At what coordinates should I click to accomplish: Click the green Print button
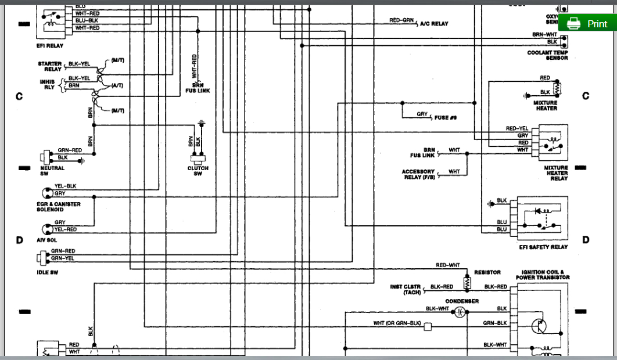(x=587, y=24)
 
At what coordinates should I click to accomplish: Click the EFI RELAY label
(x=49, y=46)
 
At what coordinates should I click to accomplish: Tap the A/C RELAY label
(x=434, y=24)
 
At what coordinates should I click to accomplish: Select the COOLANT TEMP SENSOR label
(x=547, y=55)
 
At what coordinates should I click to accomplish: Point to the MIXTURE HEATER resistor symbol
(x=558, y=89)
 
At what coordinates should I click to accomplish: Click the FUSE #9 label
(x=446, y=117)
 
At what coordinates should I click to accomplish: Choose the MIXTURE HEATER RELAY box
(x=553, y=143)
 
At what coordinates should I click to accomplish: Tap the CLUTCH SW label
(x=198, y=171)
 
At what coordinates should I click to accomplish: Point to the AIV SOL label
(x=48, y=239)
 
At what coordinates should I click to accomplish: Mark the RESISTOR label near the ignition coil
(x=487, y=272)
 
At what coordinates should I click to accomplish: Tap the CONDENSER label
(x=462, y=301)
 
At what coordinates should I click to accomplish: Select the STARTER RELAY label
(x=50, y=66)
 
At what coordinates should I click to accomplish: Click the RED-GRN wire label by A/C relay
(x=401, y=20)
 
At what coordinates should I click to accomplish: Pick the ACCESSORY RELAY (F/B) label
(x=418, y=174)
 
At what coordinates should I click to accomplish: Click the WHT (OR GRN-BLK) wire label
(x=397, y=323)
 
